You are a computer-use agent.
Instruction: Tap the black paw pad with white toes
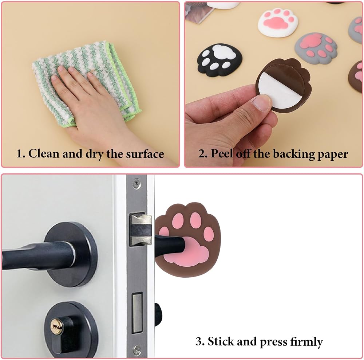coord(219,60)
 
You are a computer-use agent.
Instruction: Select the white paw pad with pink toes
coord(278,22)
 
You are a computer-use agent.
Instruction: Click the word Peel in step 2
coord(222,154)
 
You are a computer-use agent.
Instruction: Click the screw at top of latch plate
coord(136,183)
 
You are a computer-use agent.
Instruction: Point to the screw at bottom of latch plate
coord(137,349)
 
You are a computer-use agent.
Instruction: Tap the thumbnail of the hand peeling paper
coord(262,103)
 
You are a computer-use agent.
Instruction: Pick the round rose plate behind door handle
coord(71,254)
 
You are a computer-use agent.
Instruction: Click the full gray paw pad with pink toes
coord(316,48)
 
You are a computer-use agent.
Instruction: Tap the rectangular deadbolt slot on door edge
coord(137,313)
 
